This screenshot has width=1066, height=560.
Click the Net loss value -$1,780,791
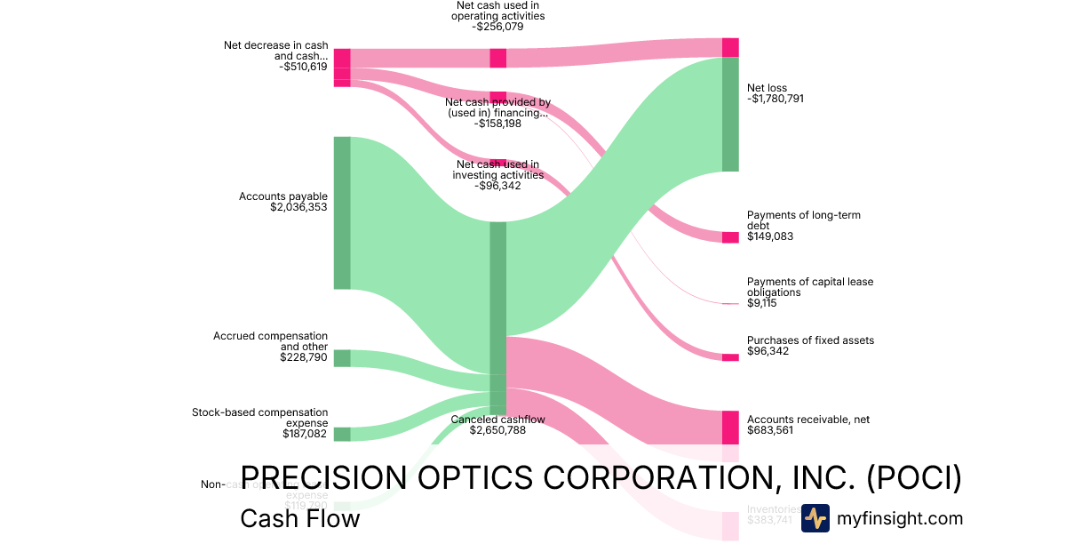tap(776, 100)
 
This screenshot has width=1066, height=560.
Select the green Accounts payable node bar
tap(342, 212)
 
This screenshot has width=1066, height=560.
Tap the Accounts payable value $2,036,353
tap(298, 208)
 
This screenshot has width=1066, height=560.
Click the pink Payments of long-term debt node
tap(730, 237)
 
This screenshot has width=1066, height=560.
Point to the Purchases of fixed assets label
tap(810, 340)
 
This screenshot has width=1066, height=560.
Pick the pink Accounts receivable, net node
tap(730, 428)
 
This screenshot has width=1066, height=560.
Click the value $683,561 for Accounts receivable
tap(770, 430)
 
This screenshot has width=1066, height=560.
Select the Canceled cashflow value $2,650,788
tap(497, 431)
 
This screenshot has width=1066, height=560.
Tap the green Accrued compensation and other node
tap(342, 358)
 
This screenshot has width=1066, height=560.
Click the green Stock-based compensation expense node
tap(342, 434)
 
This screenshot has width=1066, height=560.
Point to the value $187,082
tap(305, 435)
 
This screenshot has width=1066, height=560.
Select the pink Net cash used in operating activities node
tap(498, 58)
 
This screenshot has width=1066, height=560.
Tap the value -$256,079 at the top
tap(497, 27)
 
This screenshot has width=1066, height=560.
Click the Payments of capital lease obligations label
tap(809, 286)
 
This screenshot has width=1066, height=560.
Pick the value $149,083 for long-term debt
tap(770, 237)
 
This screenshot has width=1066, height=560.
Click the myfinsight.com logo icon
tap(815, 518)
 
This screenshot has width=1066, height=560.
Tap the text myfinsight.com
tap(900, 518)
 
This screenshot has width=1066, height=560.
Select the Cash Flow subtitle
tap(299, 518)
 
